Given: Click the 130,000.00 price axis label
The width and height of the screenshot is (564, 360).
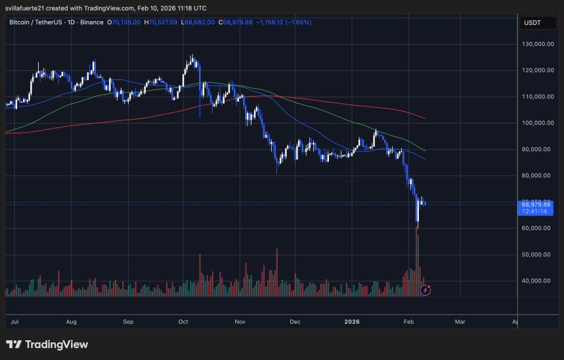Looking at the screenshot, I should (x=535, y=44).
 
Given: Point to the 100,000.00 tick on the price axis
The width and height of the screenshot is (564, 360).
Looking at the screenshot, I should (x=535, y=123).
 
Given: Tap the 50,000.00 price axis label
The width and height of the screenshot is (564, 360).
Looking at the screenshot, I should (x=536, y=254).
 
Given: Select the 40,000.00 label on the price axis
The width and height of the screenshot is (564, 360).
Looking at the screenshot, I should (x=536, y=281).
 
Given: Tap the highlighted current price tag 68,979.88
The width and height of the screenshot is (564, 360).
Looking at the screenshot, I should (x=536, y=204).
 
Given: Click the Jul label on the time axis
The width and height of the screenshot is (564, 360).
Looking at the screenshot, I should (x=14, y=322).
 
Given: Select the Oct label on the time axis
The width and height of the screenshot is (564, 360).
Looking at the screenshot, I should (x=184, y=322).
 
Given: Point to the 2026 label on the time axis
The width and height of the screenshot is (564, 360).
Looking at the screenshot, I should (x=352, y=322).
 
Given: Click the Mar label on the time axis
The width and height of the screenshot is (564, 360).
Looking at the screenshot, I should (x=460, y=322).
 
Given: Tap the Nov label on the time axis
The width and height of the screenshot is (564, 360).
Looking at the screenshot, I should (x=240, y=322).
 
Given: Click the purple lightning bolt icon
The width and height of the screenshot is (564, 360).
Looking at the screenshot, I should (x=425, y=289).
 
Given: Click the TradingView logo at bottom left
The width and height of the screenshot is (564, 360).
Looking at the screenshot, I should (x=47, y=344).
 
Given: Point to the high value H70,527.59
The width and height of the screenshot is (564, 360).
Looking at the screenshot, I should (x=167, y=22).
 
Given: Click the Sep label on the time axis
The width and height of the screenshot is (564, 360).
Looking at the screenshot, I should (x=128, y=322).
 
